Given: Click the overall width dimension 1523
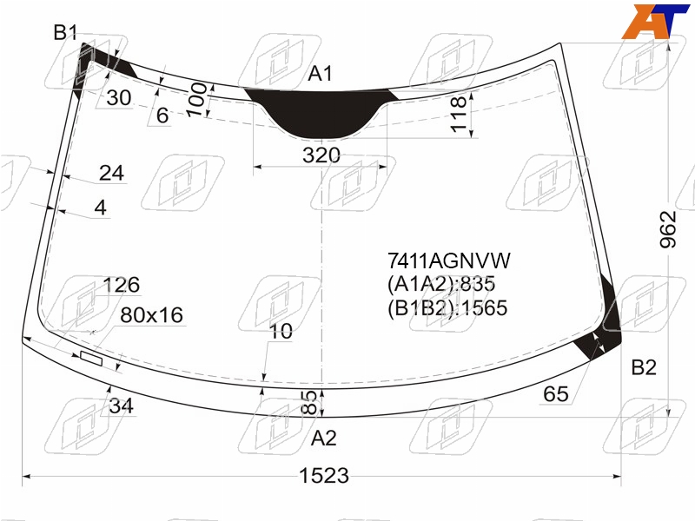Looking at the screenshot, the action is (324, 476).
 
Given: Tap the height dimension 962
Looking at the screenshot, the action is (668, 229).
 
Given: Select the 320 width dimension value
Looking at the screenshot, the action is (321, 155).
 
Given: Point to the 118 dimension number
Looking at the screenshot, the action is (459, 114).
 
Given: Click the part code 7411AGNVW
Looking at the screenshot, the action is (449, 260).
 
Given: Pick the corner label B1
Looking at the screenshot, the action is (65, 32).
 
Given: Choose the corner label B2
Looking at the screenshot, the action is (644, 367).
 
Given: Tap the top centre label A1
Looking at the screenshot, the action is (320, 74).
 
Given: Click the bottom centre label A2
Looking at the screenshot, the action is (323, 439).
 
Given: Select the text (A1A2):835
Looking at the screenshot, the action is (441, 284).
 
